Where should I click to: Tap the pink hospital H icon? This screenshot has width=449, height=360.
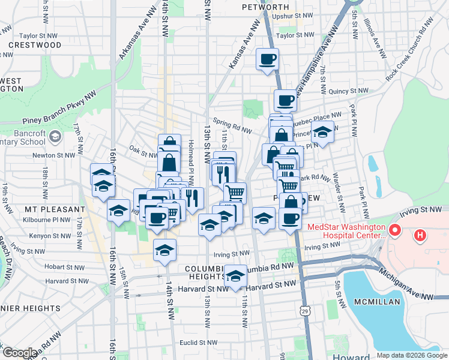pos(420,235)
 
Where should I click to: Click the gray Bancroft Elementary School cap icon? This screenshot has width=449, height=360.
pos(55,137)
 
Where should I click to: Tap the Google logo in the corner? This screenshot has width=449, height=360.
pos(20,352)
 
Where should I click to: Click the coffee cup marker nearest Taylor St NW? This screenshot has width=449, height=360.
pos(267,60)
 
